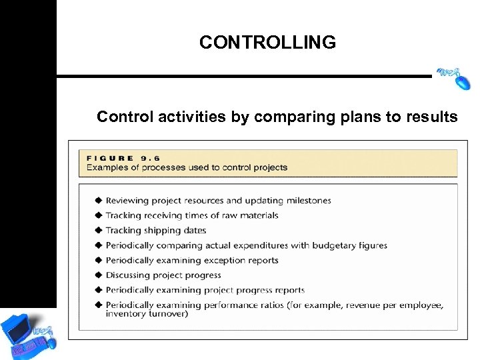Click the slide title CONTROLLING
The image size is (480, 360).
click(267, 43)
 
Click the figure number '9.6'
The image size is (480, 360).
click(151, 158)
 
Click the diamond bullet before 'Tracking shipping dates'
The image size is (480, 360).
click(99, 230)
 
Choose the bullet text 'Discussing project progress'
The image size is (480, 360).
click(163, 275)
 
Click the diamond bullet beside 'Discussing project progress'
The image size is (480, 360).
click(99, 275)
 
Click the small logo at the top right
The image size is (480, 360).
click(453, 78)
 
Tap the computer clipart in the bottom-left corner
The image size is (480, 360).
click(28, 334)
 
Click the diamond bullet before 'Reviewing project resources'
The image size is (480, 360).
click(99, 200)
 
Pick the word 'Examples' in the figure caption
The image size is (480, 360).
click(107, 167)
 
